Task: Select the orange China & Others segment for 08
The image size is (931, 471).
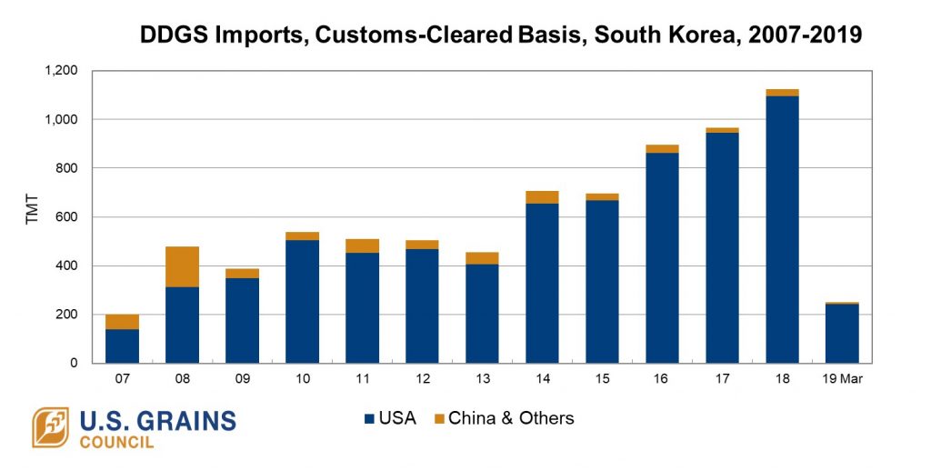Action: (182, 266)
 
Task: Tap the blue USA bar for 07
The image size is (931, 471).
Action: (122, 346)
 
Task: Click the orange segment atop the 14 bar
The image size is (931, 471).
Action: (542, 197)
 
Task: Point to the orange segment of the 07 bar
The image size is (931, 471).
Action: (122, 322)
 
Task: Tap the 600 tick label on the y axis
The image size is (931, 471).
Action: (68, 216)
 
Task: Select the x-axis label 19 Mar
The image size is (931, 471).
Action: (842, 377)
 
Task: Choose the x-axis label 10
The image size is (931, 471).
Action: (302, 377)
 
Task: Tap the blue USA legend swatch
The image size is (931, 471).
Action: (369, 419)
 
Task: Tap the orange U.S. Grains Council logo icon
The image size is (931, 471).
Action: (51, 427)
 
